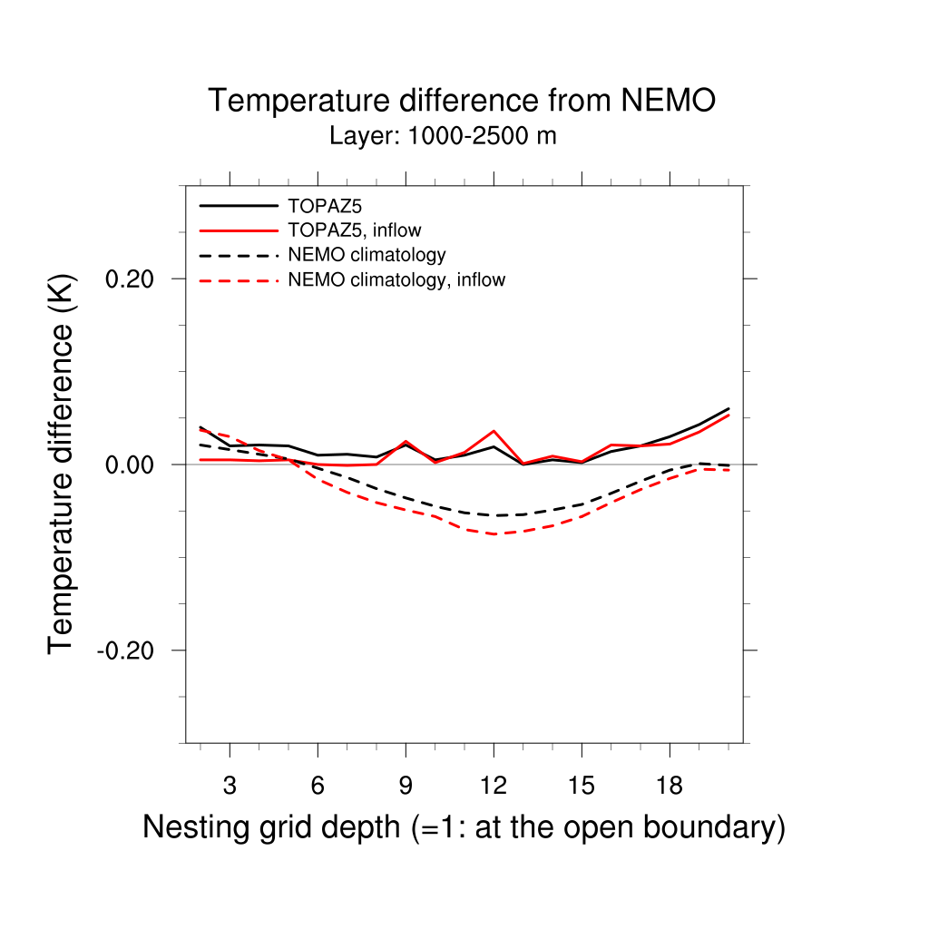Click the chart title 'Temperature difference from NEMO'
(462, 101)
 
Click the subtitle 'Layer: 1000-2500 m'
(443, 137)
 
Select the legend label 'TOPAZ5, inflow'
(354, 230)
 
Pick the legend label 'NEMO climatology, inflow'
(396, 280)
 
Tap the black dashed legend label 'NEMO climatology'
(367, 255)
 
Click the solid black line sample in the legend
(238, 205)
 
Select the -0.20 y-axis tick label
(130, 650)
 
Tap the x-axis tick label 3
(230, 786)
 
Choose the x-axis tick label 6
(318, 786)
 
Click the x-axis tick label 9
(406, 786)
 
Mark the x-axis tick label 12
(494, 786)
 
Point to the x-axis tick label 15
(582, 786)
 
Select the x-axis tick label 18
(670, 786)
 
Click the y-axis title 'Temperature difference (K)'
(62, 464)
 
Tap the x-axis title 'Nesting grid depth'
(464, 827)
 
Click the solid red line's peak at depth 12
(494, 431)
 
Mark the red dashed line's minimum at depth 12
(494, 534)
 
